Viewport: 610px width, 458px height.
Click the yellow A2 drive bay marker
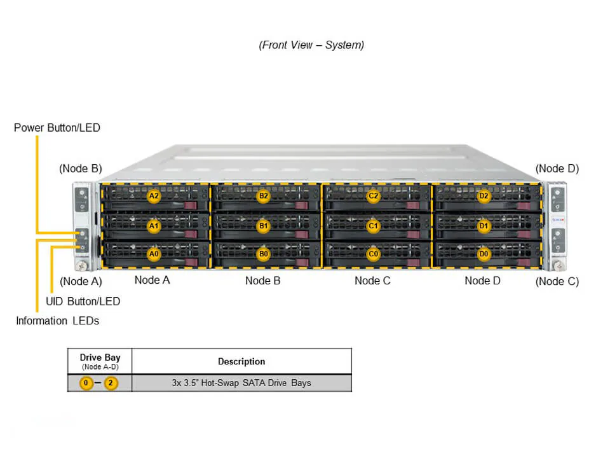coord(153,196)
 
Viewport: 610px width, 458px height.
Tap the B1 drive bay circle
coord(263,225)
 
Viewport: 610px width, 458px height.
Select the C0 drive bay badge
coord(374,254)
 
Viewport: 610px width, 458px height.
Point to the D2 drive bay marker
coord(484,196)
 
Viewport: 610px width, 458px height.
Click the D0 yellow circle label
coord(484,254)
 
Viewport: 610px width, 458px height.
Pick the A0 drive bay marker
coord(153,254)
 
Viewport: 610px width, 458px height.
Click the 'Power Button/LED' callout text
coord(57,128)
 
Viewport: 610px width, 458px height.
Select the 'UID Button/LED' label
coord(83,302)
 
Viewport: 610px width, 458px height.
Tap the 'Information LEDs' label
coord(58,321)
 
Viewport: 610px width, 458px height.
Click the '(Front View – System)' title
coord(311,45)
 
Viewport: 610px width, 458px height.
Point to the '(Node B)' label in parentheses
coord(81,169)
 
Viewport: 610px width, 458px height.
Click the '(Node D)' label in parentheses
coord(557,169)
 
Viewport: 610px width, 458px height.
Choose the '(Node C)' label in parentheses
coord(557,281)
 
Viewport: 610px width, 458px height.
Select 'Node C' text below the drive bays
coord(372,281)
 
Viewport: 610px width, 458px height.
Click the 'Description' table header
coord(241,361)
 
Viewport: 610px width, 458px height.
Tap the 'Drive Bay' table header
coord(100,358)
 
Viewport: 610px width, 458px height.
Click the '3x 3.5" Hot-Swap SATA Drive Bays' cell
coord(241,383)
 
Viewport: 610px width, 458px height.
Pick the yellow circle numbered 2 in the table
coord(111,384)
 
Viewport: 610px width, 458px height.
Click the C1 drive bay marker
coord(374,225)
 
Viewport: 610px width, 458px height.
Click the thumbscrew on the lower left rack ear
coord(81,265)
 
